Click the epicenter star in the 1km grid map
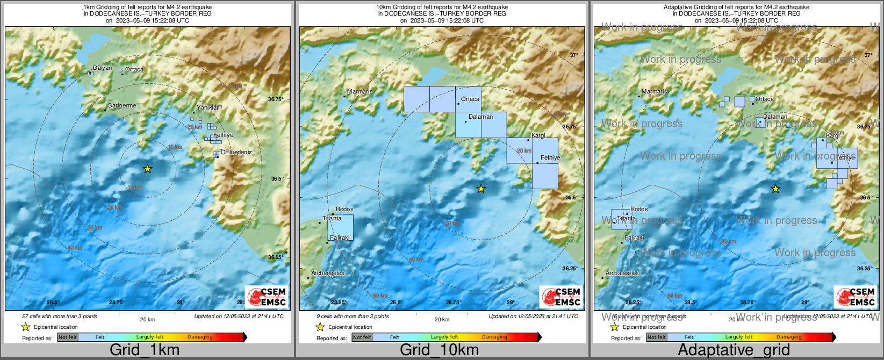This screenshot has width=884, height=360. click(x=148, y=169)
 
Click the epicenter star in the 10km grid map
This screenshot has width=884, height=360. click(x=481, y=189)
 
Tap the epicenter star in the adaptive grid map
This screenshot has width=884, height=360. click(x=775, y=189)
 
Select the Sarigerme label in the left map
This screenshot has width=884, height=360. click(x=122, y=106)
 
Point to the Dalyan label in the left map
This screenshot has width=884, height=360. click(x=102, y=68)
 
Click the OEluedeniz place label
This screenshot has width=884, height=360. click(x=236, y=152)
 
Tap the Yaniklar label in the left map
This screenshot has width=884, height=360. click(x=207, y=107)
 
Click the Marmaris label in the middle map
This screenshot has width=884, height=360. click(x=360, y=92)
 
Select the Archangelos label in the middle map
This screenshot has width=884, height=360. click(x=327, y=273)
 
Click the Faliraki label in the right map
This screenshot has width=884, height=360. click(x=634, y=237)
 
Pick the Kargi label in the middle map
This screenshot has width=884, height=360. click(x=538, y=136)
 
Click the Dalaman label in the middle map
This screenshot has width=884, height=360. click(x=480, y=117)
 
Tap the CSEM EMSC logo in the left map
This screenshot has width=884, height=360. click(x=267, y=297)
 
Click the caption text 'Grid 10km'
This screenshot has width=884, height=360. click(x=439, y=350)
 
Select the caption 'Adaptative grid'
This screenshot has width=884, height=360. click(x=734, y=350)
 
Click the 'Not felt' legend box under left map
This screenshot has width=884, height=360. click(x=68, y=337)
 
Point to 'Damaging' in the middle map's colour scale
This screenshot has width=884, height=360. click(x=494, y=337)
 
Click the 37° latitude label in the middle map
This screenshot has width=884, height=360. click(x=573, y=55)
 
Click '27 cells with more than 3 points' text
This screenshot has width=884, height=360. click(x=60, y=316)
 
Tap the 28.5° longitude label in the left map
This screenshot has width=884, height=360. click(x=53, y=303)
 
